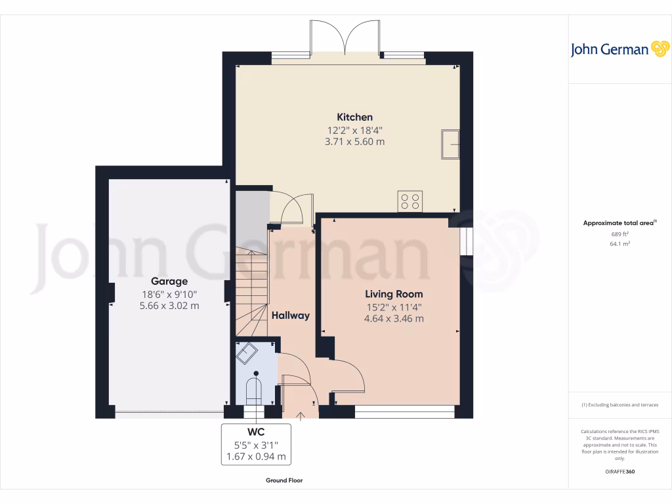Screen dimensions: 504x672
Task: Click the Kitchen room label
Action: pyautogui.click(x=355, y=117)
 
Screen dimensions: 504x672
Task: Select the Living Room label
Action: pyautogui.click(x=394, y=294)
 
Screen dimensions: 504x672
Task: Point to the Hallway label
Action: pyautogui.click(x=291, y=316)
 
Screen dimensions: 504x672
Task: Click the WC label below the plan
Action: pyautogui.click(x=256, y=432)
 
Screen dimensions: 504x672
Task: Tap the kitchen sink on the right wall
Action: pyautogui.click(x=451, y=144)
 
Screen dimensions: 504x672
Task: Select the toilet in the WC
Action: pyautogui.click(x=253, y=390)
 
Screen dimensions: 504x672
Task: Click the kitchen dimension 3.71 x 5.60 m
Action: pyautogui.click(x=355, y=142)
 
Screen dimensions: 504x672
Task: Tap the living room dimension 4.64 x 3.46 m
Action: pyautogui.click(x=394, y=319)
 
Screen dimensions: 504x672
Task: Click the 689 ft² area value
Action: pyautogui.click(x=620, y=234)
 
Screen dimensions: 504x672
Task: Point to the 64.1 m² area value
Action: pyautogui.click(x=620, y=243)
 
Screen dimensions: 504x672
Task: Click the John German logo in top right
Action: pyautogui.click(x=619, y=49)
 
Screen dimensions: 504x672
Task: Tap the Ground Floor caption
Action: pyautogui.click(x=284, y=480)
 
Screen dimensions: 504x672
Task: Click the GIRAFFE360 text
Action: pyautogui.click(x=620, y=472)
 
